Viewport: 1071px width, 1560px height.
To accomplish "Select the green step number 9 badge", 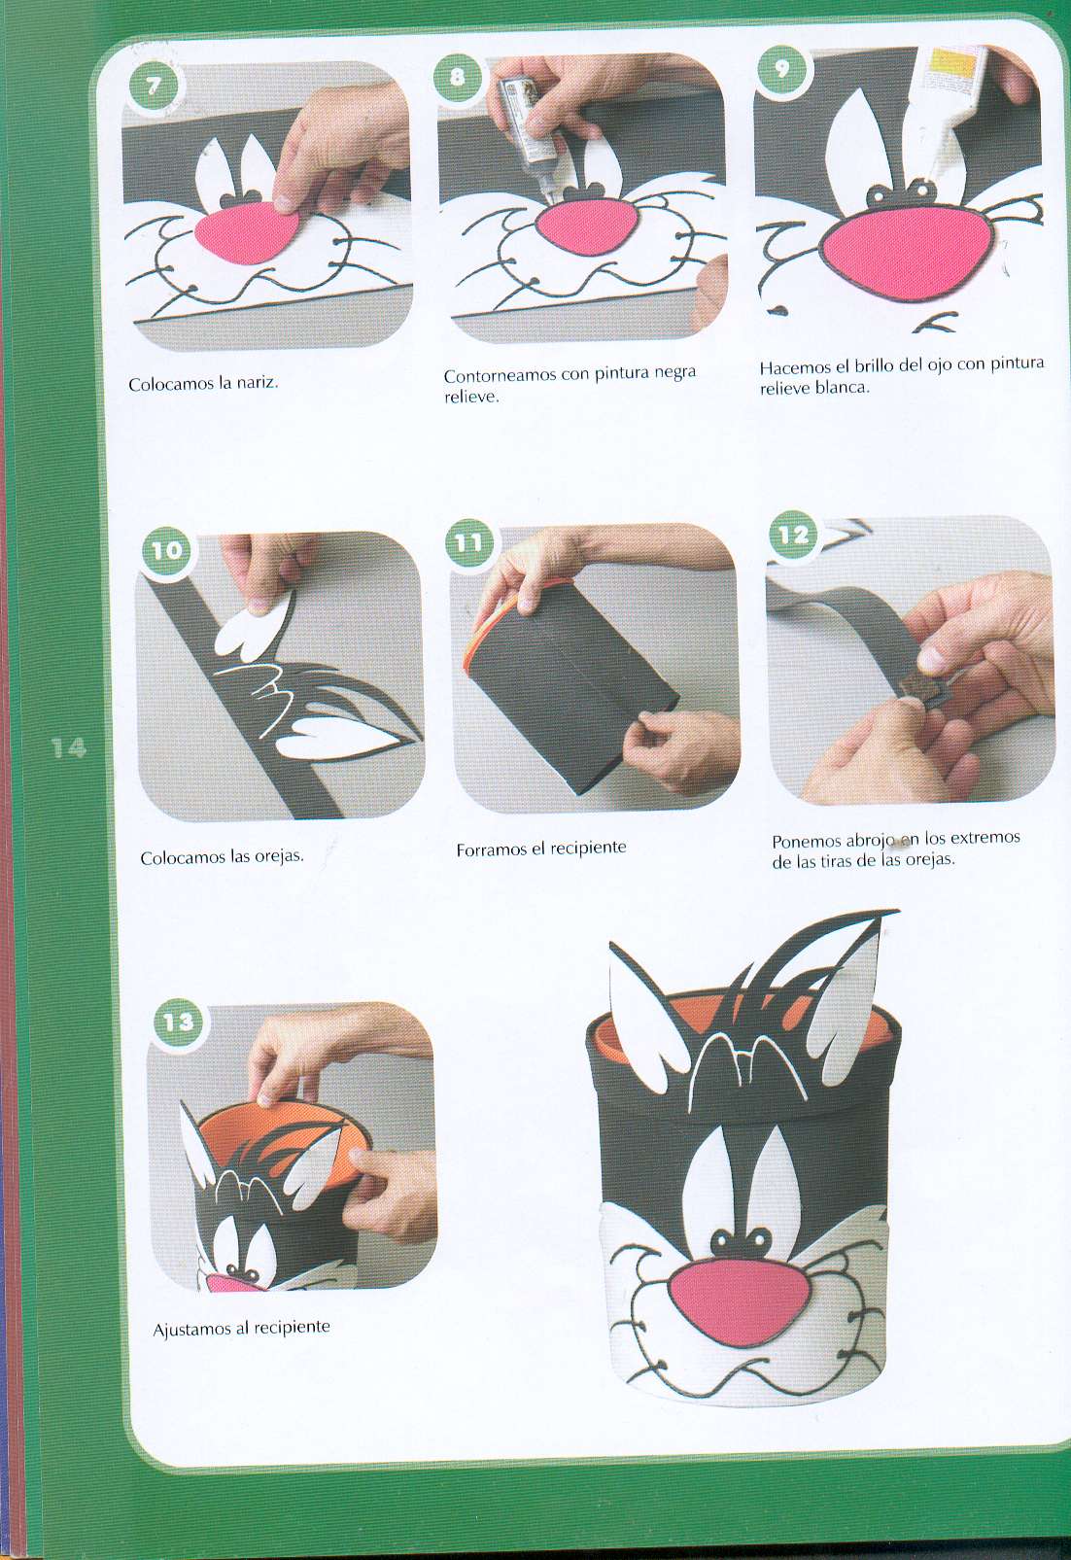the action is pos(782,70).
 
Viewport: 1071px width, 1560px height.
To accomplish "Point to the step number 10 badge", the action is pos(166,550).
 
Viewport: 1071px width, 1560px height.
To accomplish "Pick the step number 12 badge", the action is pos(793,535).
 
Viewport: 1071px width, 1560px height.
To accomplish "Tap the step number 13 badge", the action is pos(178,1022).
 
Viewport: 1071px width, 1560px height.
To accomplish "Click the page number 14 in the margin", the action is pos(68,748).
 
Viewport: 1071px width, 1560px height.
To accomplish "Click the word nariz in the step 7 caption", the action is pos(257,382).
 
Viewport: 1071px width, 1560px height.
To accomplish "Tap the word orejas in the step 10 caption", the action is pos(279,856).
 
